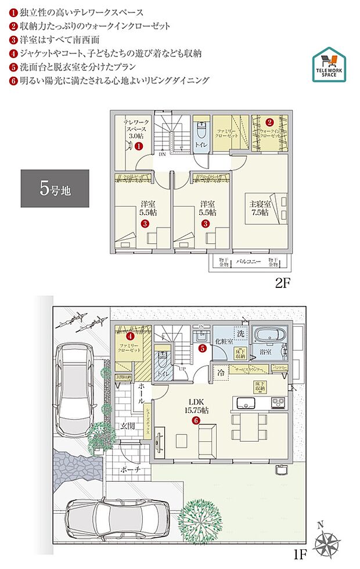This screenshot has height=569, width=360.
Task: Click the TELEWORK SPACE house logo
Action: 329,64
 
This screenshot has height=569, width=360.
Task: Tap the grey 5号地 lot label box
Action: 55,188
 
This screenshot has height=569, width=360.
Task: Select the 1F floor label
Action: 299,556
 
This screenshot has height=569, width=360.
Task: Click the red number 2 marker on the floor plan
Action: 269,122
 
